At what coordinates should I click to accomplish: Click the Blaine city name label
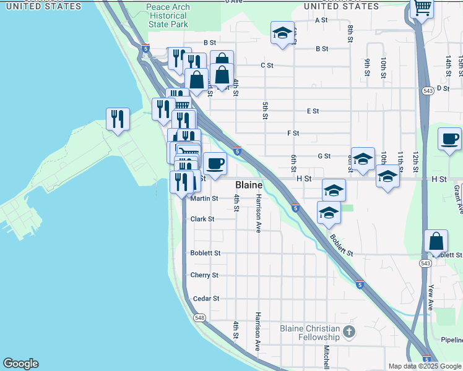[x=249, y=185]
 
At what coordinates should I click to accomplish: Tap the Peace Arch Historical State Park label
[x=168, y=15]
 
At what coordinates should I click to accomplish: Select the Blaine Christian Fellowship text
[x=310, y=333]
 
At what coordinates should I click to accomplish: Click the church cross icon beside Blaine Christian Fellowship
[x=349, y=332]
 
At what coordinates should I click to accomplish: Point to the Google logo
[x=20, y=364]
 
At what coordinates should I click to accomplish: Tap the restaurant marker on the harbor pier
[x=118, y=118]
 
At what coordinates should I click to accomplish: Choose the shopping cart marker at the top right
[x=422, y=8]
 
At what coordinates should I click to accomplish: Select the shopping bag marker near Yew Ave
[x=436, y=241]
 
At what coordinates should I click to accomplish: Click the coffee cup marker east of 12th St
[x=450, y=139]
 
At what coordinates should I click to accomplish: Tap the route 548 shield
[x=199, y=318]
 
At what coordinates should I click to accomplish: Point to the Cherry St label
[x=205, y=275]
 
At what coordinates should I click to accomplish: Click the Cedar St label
[x=206, y=299]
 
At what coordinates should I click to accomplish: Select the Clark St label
[x=202, y=219]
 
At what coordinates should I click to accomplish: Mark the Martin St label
[x=204, y=198]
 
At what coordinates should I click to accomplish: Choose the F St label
[x=293, y=133]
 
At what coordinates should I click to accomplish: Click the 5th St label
[x=265, y=111]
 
